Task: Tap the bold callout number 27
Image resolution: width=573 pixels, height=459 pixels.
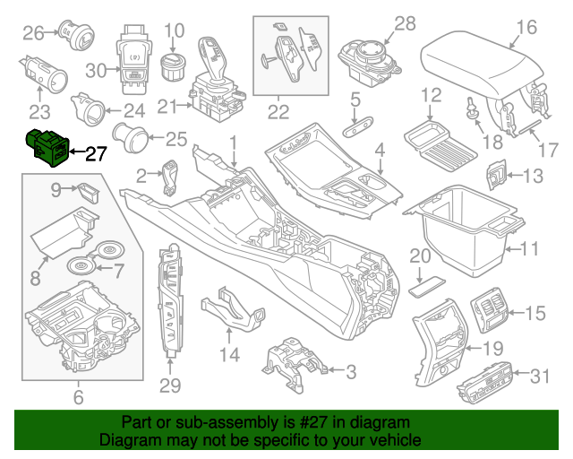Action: [96, 152]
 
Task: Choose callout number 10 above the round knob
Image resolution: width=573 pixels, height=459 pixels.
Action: [174, 30]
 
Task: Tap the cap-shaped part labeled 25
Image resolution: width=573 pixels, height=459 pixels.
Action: [140, 140]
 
